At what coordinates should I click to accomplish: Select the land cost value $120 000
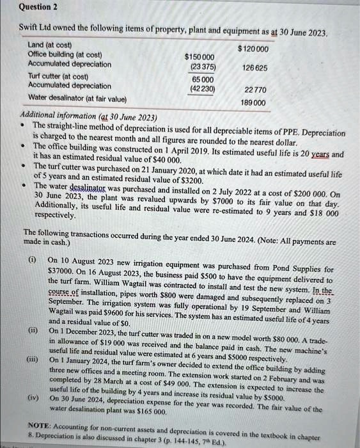253,49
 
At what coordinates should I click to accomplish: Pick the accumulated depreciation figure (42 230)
202,89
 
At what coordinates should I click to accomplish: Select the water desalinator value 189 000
254,103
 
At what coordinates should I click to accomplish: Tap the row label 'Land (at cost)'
51,45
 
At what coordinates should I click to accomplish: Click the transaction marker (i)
31,261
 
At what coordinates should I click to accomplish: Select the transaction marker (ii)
31,331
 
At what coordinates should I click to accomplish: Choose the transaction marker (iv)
32,398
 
